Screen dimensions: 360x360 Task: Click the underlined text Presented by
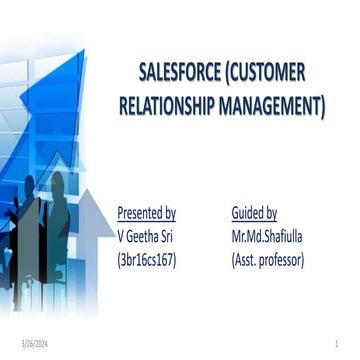[147, 213]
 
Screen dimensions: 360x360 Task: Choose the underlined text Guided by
[254, 213]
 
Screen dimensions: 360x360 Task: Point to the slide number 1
[341, 344]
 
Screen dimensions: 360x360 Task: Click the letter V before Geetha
[121, 237]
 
